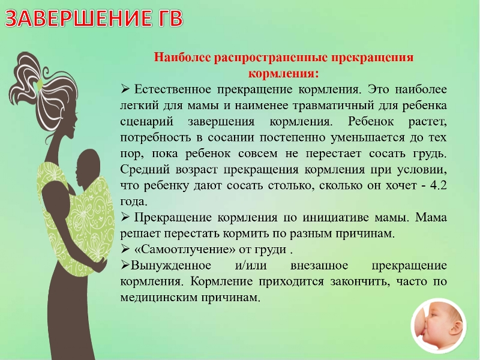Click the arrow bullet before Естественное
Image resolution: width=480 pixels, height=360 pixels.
(125, 89)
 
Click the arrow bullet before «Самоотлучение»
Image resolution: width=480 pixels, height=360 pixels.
(125, 248)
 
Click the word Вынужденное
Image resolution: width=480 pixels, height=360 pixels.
(171, 265)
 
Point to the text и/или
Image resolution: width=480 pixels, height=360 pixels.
(251, 265)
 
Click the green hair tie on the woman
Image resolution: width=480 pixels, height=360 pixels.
(40, 84)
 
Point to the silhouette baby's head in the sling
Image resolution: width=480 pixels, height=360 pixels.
(88, 166)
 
